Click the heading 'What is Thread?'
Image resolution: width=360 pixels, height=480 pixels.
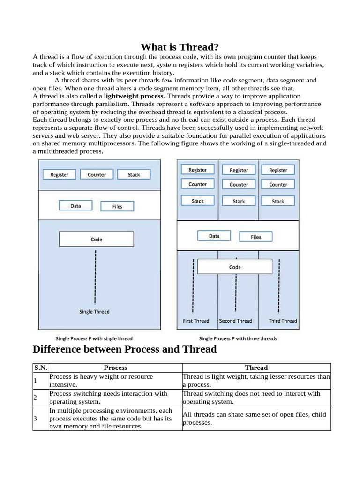pos(180,47)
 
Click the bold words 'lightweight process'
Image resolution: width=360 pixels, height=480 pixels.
pos(134,96)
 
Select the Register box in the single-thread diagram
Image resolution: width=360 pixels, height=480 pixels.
pos(60,175)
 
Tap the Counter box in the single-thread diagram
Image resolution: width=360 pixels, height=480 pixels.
pos(97,175)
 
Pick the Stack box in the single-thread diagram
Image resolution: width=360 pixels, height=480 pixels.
pos(134,175)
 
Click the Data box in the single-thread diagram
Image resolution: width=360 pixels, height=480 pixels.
pos(75,206)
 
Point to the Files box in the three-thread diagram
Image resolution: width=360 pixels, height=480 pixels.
pos(255,237)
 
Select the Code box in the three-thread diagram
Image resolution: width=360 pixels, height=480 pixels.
pos(235,267)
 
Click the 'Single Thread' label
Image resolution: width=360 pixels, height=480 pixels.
pos(94,312)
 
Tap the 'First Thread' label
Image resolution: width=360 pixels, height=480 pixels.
pos(196,321)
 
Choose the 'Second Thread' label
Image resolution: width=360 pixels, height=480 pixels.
pos(236,321)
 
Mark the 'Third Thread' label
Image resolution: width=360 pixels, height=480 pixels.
pos(283,321)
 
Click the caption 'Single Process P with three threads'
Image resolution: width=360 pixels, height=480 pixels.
pos(238,338)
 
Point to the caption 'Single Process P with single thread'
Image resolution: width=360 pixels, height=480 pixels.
pos(94,338)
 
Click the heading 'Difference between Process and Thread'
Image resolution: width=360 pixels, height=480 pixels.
pos(125,349)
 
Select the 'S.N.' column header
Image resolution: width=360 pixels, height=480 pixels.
pos(41,368)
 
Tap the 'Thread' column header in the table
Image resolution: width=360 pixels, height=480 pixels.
pos(256,368)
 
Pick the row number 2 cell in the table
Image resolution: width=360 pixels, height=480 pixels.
pos(35,397)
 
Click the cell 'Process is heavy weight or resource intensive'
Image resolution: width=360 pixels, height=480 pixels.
pos(115,380)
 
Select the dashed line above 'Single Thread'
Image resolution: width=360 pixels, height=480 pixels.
pos(96,277)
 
